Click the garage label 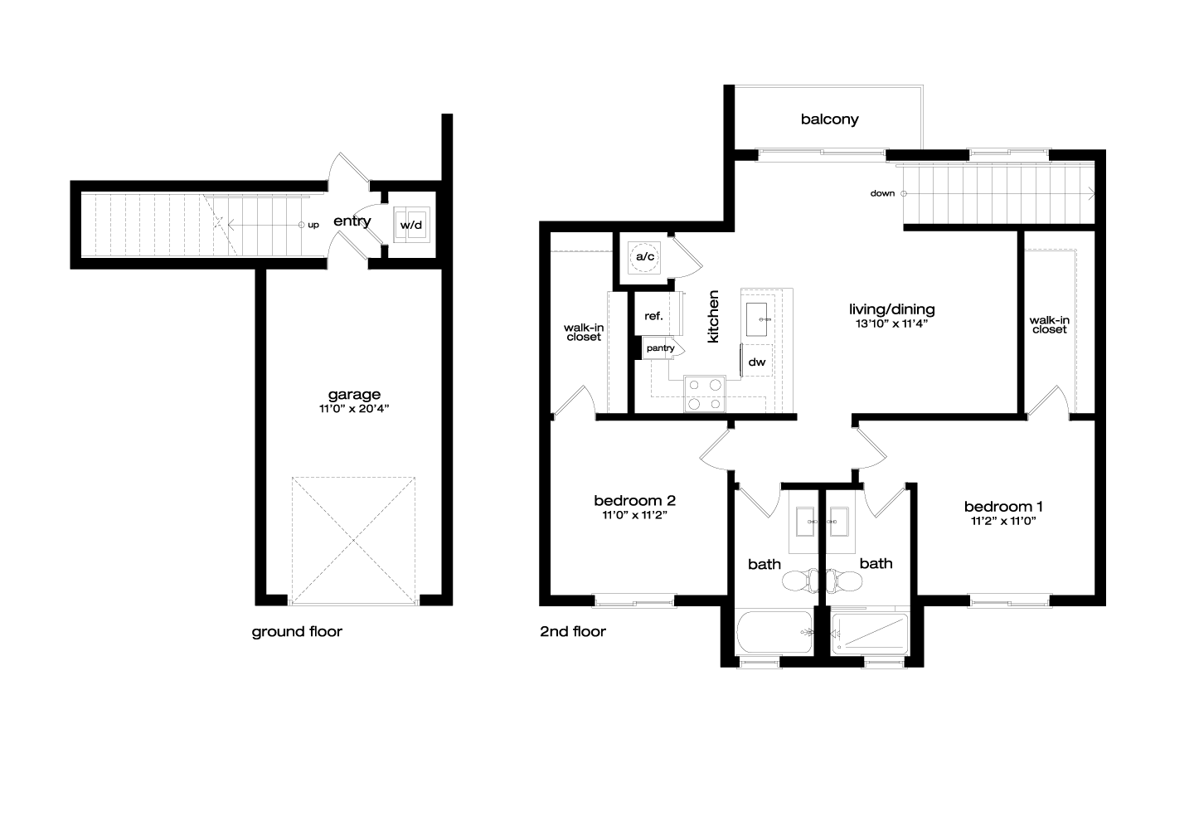tap(354, 395)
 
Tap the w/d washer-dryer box tap(411, 225)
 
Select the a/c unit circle tap(644, 257)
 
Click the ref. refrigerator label tap(653, 316)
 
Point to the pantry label tap(660, 348)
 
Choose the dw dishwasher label tap(757, 362)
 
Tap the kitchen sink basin tap(756, 319)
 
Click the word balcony tap(829, 119)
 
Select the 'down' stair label tap(882, 193)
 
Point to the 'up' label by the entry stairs tap(313, 225)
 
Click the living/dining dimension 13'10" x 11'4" tap(892, 323)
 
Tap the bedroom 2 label tap(635, 501)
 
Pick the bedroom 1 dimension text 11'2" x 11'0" tap(1003, 521)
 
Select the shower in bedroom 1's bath tap(870, 634)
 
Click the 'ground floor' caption tap(297, 632)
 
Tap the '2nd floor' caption tap(573, 632)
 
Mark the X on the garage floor tap(353, 541)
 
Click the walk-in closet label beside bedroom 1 tap(1050, 325)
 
